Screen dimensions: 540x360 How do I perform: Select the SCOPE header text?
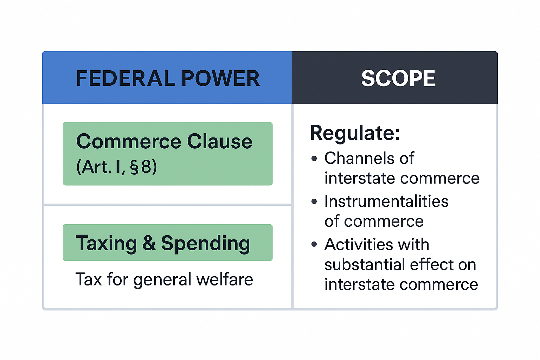pos(398,78)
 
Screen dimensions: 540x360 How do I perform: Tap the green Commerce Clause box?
pos(168,154)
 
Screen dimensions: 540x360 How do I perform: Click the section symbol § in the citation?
pos(134,167)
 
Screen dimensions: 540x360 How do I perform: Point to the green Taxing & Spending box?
pos(168,242)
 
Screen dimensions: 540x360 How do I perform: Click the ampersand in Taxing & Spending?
pos(149,243)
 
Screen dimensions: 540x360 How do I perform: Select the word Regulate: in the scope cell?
pos(355,133)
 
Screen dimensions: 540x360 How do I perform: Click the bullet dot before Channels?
pos(314,159)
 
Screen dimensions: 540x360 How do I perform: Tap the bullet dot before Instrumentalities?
pos(314,201)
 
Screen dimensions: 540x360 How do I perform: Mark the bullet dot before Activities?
pos(314,244)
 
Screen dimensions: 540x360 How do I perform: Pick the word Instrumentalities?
pos(386,201)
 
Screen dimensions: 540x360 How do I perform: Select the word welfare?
pos(225,279)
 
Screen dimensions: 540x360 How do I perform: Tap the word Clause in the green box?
pos(220,141)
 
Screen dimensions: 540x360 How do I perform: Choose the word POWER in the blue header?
pos(220,78)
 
